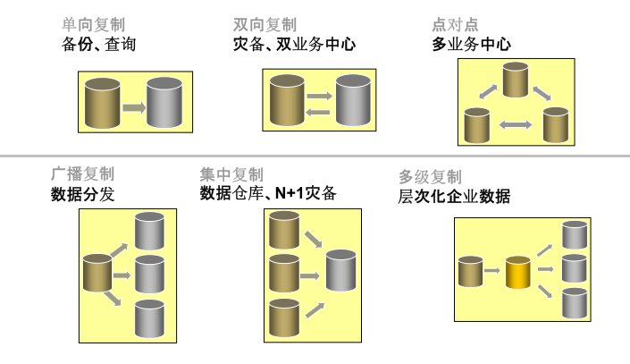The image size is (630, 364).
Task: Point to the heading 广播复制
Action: click(83, 174)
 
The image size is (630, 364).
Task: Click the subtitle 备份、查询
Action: click(98, 44)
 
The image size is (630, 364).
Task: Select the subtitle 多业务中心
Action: click(471, 44)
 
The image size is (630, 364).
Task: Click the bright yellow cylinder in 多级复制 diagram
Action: click(518, 272)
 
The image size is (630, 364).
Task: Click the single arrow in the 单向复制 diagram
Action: click(133, 106)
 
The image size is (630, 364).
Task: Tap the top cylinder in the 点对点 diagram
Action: click(517, 79)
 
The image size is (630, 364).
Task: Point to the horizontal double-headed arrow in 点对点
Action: click(516, 124)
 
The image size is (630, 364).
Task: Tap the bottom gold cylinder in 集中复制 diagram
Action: click(284, 316)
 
